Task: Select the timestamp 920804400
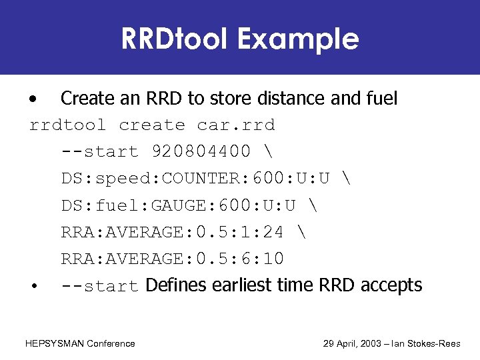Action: tap(202, 152)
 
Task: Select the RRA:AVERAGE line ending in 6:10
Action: tap(173, 259)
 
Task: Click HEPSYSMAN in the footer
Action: tap(55, 343)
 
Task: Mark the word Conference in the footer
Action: tap(111, 343)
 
